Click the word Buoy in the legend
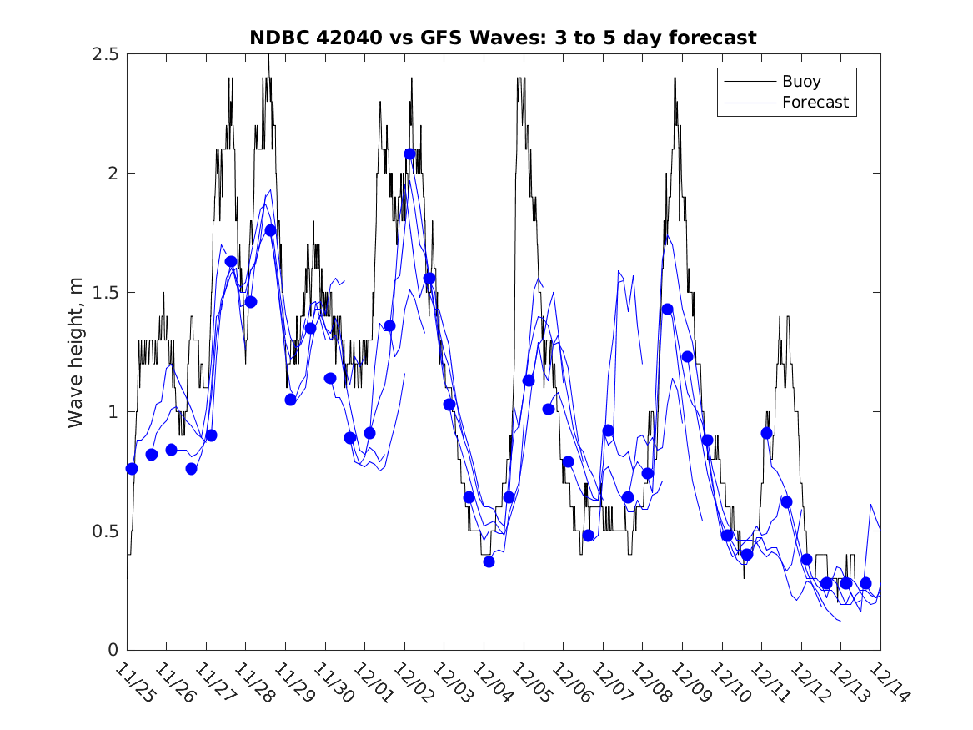click(800, 82)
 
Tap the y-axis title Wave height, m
click(76, 351)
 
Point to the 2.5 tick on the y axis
click(104, 54)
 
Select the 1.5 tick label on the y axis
click(104, 293)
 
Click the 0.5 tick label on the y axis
click(104, 531)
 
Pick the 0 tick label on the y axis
click(113, 651)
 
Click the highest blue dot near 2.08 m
click(409, 154)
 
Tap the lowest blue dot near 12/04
click(489, 561)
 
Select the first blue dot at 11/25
click(132, 469)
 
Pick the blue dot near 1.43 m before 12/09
click(667, 309)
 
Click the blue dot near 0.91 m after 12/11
click(766, 433)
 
